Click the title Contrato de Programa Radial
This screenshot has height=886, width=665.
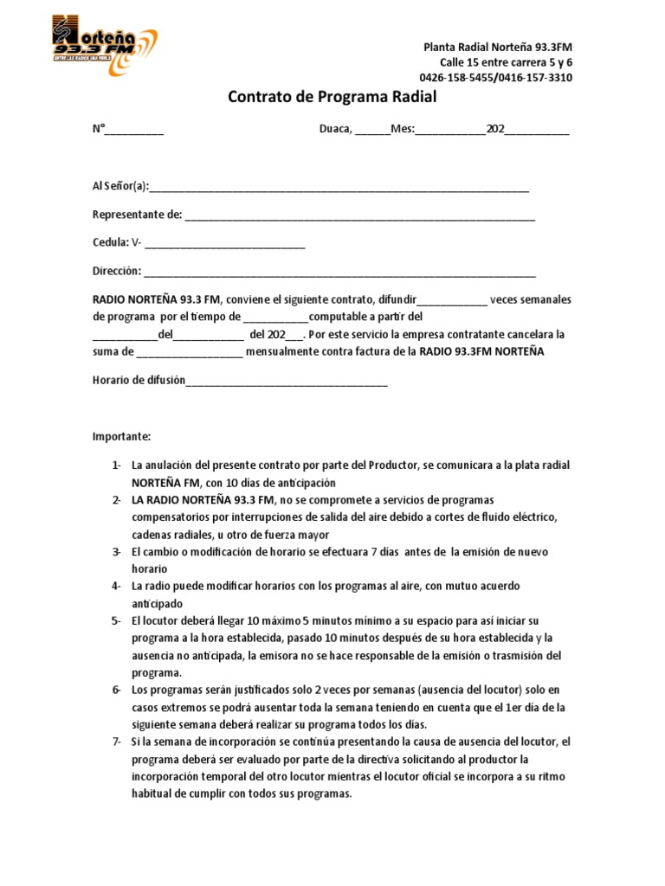(332, 98)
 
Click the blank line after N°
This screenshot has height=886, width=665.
(135, 132)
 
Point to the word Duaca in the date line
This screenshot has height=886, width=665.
(334, 130)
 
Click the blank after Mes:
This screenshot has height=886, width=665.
(450, 132)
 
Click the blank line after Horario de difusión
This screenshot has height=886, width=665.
(287, 382)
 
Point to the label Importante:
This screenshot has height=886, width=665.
(122, 436)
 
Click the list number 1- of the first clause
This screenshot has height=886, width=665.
(116, 465)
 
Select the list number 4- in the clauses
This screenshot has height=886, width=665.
(116, 587)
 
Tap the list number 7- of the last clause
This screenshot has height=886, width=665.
(116, 742)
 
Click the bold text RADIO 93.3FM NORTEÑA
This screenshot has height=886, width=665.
(482, 352)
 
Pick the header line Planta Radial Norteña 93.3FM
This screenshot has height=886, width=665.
(497, 47)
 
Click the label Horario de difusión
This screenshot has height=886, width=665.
(139, 381)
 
